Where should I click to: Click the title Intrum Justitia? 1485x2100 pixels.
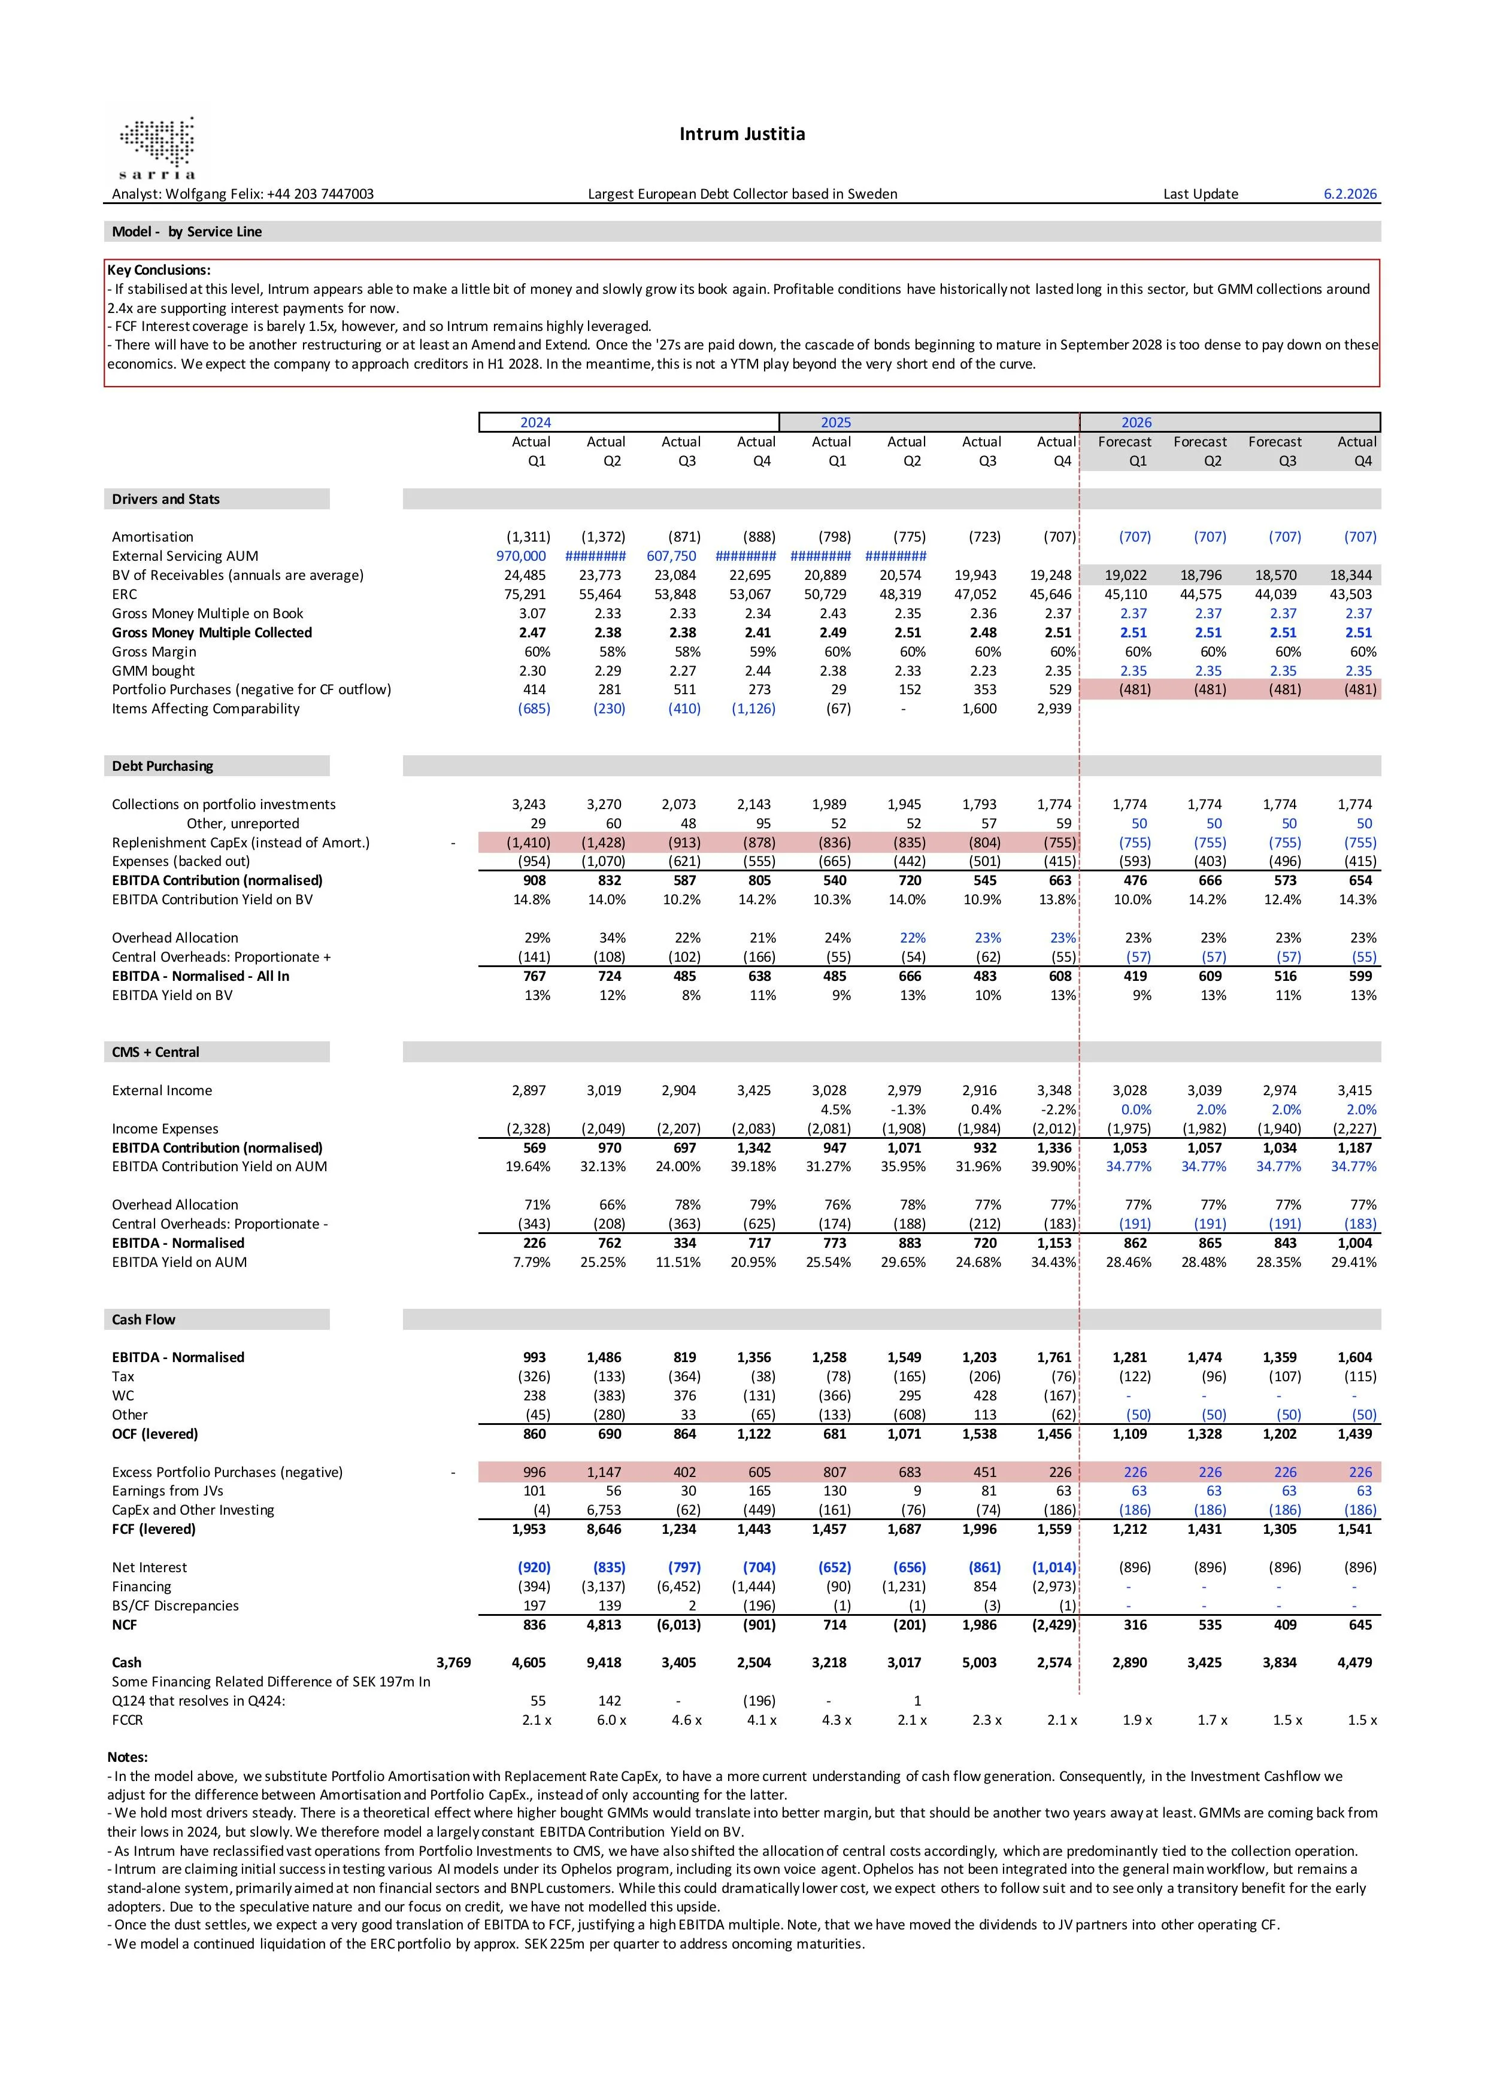(741, 135)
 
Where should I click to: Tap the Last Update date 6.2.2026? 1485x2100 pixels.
(1350, 194)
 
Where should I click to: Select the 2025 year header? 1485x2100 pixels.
(835, 423)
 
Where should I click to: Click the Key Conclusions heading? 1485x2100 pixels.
(158, 270)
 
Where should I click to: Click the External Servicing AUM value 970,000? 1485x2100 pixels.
(520, 556)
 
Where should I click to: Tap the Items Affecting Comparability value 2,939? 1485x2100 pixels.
(1053, 709)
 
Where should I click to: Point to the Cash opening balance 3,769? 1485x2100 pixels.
(454, 1663)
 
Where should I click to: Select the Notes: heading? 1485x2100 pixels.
(127, 1757)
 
